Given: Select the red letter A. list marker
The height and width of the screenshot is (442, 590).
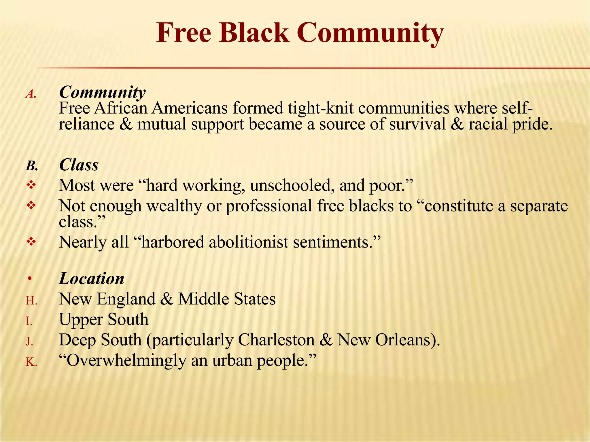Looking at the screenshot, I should pos(31,94).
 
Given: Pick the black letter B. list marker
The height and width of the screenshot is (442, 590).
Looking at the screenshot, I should pos(32,166).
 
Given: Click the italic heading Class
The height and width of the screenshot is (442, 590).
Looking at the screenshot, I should pos(79,165).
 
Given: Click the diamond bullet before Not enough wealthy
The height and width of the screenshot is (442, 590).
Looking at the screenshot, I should pos(31,205).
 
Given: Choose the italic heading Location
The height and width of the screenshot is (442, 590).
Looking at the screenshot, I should pos(92,279).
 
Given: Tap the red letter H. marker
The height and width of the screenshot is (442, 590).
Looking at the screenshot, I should pos(31,301).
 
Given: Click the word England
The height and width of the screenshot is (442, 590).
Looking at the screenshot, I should pos(126,299).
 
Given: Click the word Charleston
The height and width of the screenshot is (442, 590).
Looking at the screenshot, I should pos(276,340).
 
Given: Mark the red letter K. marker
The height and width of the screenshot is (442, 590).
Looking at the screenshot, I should pos(31,362).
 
